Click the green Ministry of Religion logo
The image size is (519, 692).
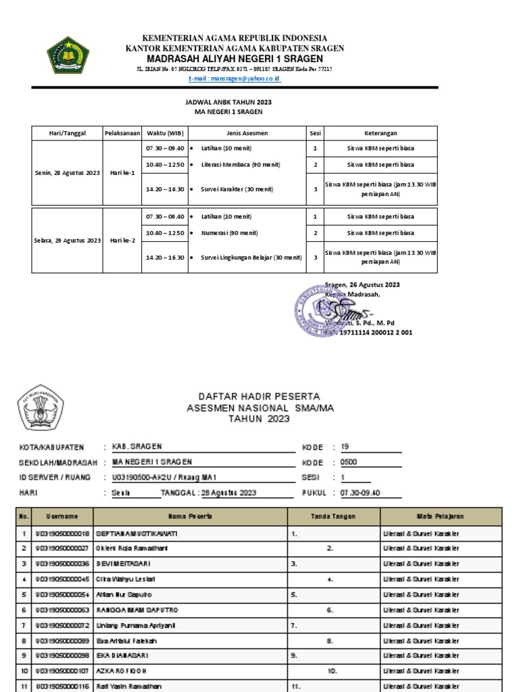(68, 55)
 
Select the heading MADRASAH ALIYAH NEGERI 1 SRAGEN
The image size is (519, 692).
(234, 59)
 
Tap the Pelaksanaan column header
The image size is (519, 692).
(122, 133)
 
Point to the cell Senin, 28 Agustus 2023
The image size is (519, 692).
(67, 173)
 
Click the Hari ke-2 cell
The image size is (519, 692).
(122, 241)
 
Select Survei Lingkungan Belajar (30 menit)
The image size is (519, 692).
(251, 257)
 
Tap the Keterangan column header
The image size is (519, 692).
(380, 133)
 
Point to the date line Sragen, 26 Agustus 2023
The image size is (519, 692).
(362, 285)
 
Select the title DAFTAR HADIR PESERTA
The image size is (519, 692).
(259, 397)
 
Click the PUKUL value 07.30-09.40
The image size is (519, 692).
(360, 493)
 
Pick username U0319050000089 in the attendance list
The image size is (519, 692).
(61, 641)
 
